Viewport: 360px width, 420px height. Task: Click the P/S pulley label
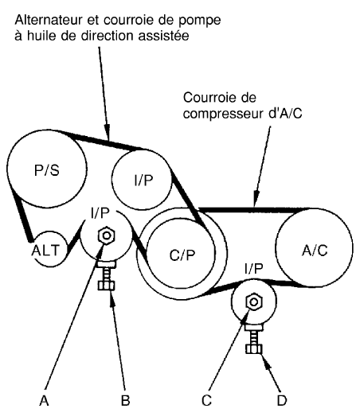click(x=47, y=169)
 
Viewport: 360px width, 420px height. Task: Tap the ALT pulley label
click(x=45, y=251)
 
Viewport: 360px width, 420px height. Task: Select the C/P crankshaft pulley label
click(x=182, y=255)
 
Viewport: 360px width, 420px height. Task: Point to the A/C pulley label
click(x=315, y=251)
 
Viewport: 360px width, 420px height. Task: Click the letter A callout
click(x=44, y=401)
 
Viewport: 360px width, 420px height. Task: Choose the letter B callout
click(x=125, y=401)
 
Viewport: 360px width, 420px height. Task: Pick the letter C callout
click(x=206, y=401)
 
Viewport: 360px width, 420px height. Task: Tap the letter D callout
click(x=282, y=401)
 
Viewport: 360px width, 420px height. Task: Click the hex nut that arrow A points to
click(x=107, y=235)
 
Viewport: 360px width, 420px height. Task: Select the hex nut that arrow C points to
click(x=253, y=302)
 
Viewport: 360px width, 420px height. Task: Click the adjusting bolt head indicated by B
click(x=106, y=286)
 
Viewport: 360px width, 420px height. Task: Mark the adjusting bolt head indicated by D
click(x=254, y=349)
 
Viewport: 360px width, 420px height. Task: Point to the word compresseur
click(x=224, y=114)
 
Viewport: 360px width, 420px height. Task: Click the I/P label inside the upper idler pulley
click(x=143, y=181)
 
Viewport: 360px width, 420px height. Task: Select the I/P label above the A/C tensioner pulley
click(x=254, y=268)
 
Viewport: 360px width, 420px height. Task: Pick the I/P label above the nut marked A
click(x=100, y=213)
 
